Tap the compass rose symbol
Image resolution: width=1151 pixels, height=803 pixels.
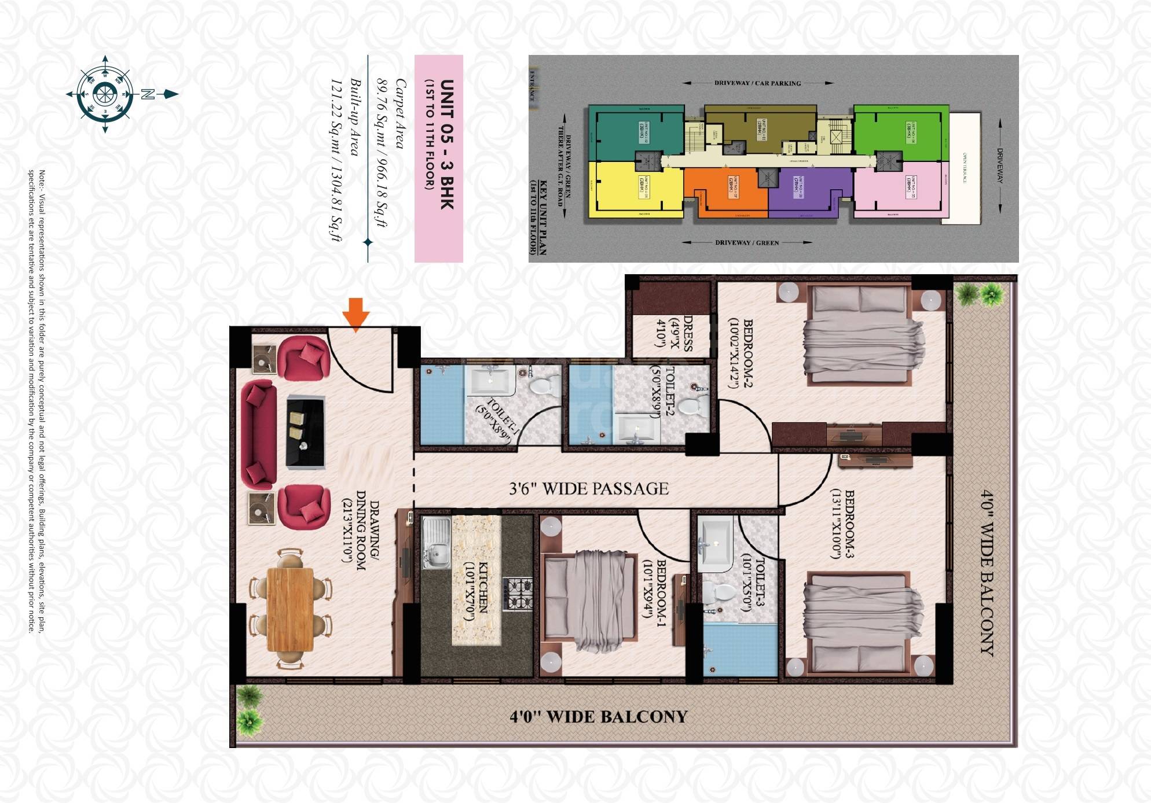click(105, 94)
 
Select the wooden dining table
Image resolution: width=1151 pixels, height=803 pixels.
click(290, 610)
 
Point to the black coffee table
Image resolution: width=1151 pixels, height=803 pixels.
click(305, 432)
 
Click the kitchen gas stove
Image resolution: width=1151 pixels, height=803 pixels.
click(517, 594)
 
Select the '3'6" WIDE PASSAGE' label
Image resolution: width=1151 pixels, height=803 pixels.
click(588, 489)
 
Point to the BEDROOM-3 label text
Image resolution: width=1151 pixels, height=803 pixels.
click(843, 524)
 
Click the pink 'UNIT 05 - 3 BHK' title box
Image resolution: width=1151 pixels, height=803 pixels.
click(439, 158)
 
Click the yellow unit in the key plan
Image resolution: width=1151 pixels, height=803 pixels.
click(635, 189)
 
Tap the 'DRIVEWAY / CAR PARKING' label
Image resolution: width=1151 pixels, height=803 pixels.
click(757, 83)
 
